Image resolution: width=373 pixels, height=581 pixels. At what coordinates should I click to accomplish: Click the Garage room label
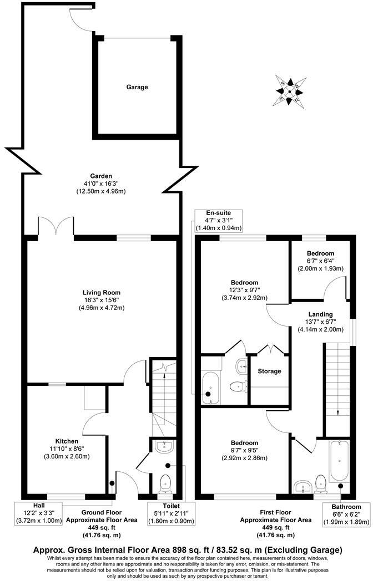point(137,87)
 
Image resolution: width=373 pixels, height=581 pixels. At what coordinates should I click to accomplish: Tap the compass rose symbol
point(291,90)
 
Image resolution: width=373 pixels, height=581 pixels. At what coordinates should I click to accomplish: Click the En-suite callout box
point(218,220)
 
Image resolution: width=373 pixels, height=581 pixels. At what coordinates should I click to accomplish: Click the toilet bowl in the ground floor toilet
point(166,484)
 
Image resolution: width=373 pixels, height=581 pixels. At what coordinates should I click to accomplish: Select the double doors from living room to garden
point(56,229)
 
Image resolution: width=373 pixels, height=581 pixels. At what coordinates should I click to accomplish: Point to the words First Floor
point(268,513)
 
